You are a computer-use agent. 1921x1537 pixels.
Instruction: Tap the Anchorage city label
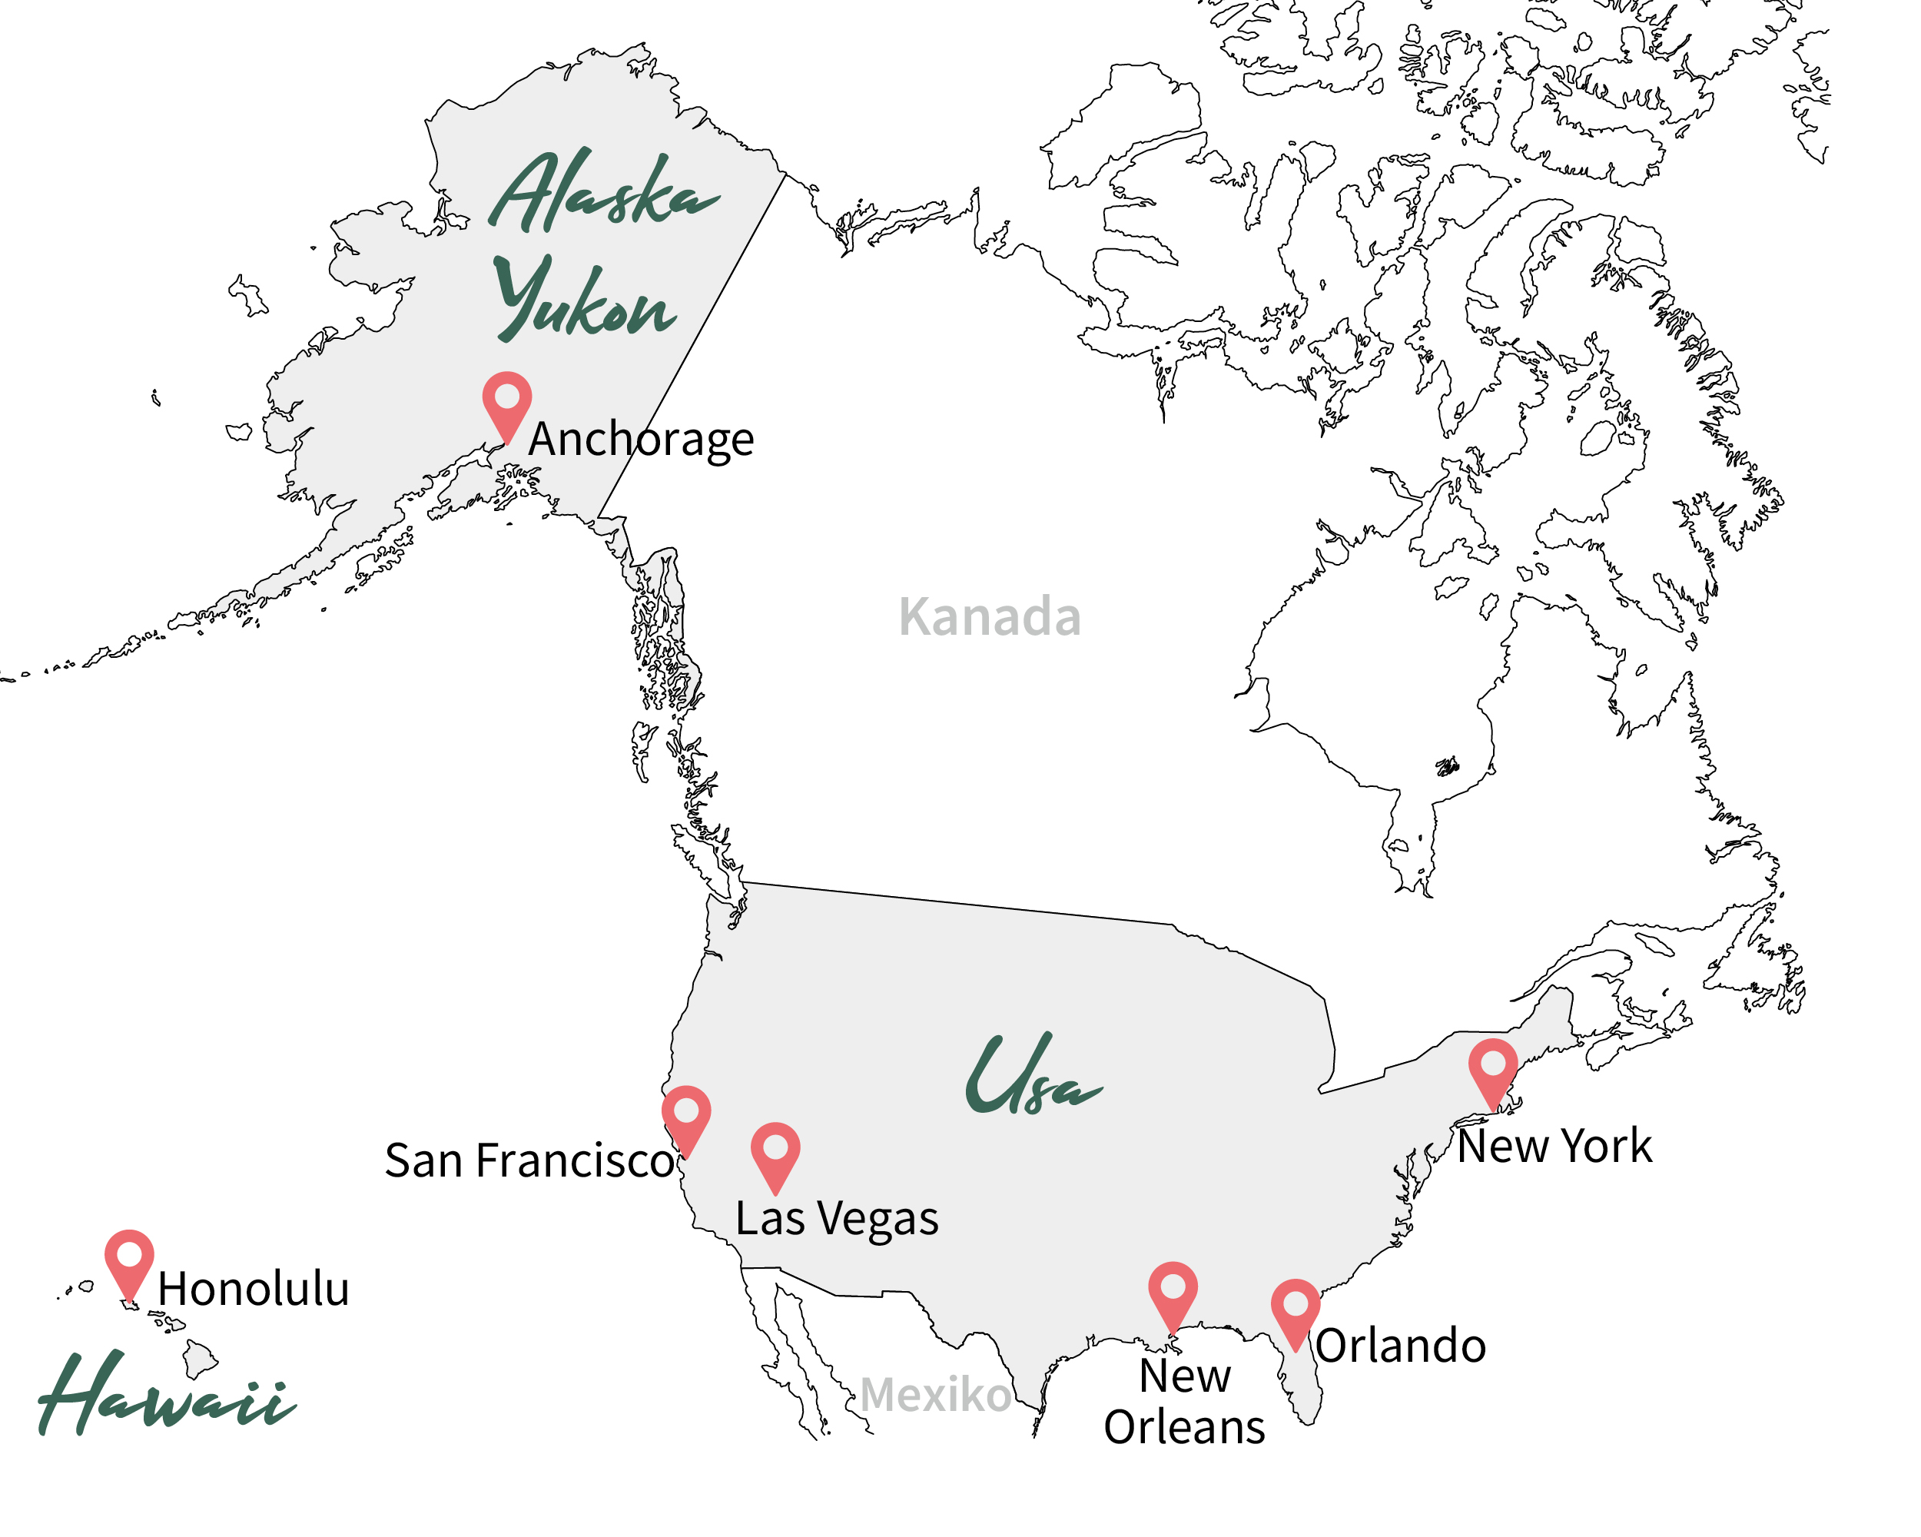[641, 440]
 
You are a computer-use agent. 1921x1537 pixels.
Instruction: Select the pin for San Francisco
[686, 1116]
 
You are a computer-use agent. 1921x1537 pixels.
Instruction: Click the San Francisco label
[529, 1161]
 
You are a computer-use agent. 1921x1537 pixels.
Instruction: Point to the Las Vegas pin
[775, 1152]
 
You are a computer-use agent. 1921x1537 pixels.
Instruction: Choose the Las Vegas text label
[837, 1219]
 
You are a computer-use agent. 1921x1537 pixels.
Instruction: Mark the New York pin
[1493, 1068]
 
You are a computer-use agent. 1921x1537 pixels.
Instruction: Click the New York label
[1554, 1147]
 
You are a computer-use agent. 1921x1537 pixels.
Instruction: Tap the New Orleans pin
[1173, 1292]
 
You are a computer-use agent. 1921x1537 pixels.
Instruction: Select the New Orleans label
[1184, 1402]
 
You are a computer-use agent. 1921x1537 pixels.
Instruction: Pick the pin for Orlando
[1296, 1310]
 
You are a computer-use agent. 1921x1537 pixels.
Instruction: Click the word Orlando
[1402, 1346]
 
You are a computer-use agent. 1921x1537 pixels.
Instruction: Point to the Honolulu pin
[129, 1260]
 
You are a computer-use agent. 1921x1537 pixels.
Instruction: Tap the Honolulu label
[254, 1290]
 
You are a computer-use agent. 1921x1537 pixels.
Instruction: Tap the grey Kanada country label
[990, 616]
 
